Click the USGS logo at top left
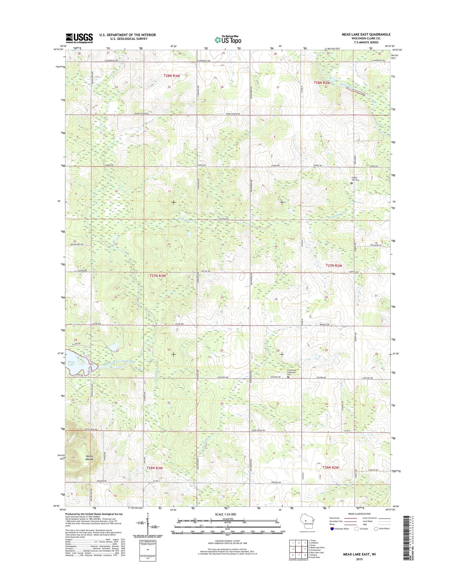click(x=79, y=38)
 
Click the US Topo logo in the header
click(x=228, y=40)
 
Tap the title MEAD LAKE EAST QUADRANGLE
click(x=366, y=34)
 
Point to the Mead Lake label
click(x=71, y=363)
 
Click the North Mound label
click(x=89, y=458)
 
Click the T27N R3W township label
click(x=157, y=276)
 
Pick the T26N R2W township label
click(x=330, y=467)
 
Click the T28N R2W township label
click(x=322, y=83)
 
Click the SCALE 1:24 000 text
click(x=225, y=514)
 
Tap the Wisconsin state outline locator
click(x=305, y=528)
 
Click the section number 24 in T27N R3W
click(x=222, y=297)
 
